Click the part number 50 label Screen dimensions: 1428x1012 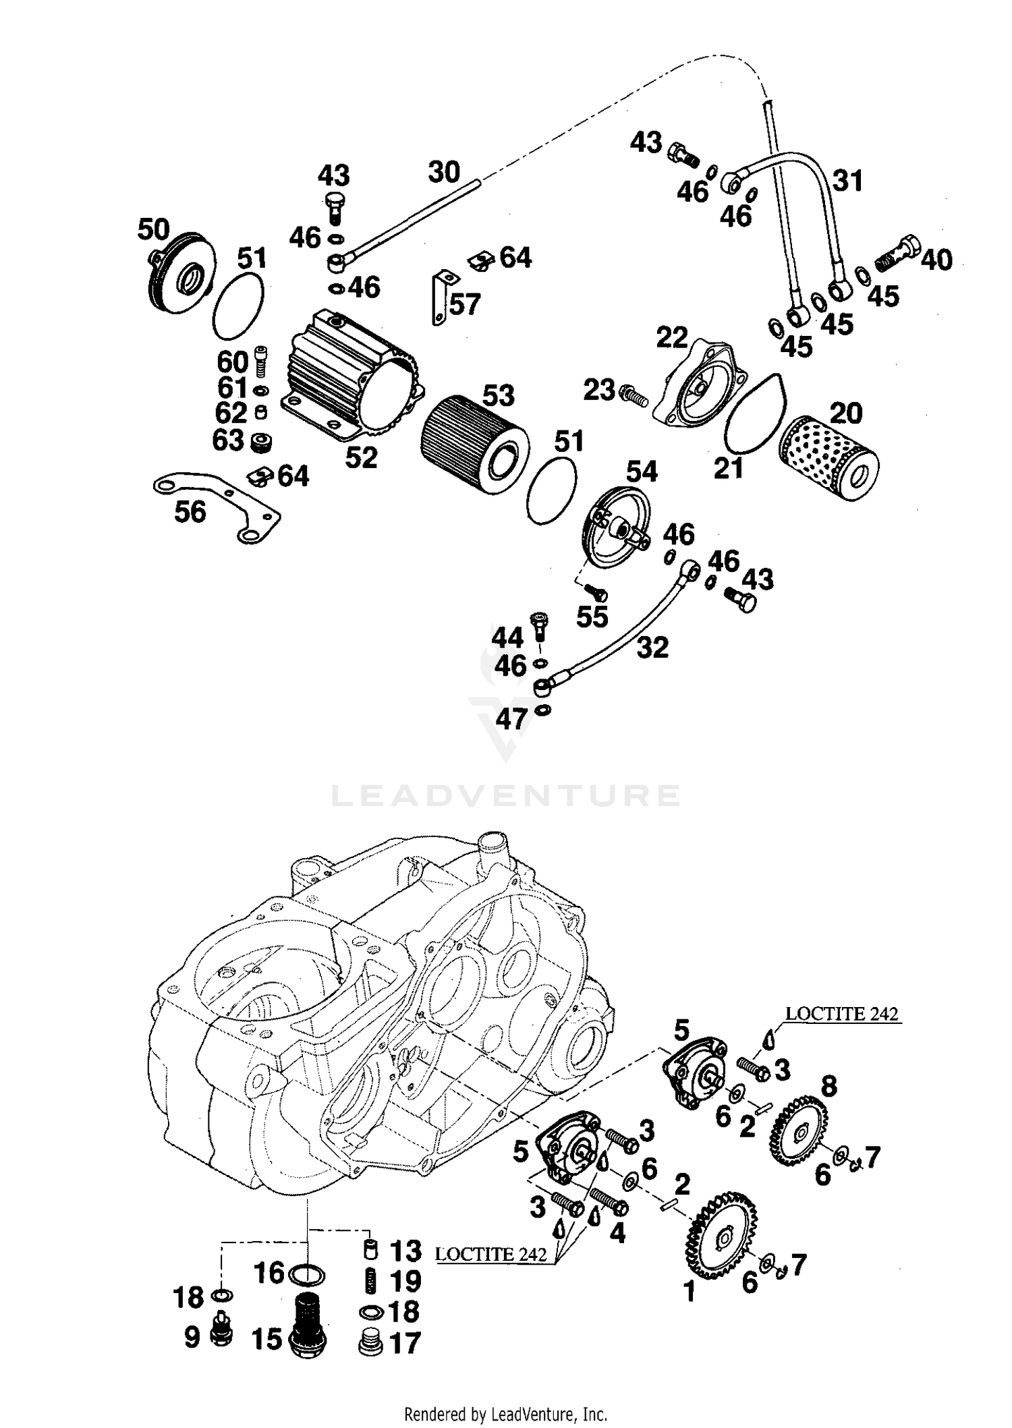[153, 229]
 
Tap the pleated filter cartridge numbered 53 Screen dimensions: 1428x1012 [472, 447]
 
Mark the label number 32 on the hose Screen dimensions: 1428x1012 [652, 647]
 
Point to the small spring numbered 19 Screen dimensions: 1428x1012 [370, 1280]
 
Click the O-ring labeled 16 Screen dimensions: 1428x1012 [306, 1276]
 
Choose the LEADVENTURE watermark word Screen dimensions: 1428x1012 [505, 795]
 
